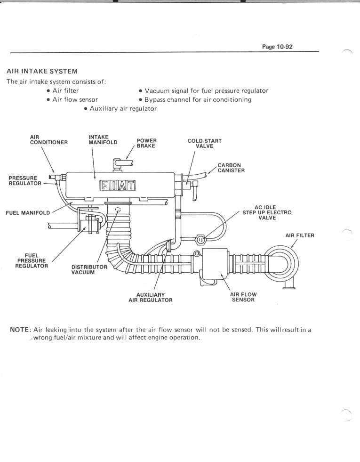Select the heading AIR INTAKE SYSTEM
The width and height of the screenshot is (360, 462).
pos(42,72)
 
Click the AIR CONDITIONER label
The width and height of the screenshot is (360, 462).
pos(49,139)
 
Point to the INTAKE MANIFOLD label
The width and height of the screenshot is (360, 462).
pos(103,139)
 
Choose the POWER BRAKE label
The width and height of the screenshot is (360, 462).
pos(146,143)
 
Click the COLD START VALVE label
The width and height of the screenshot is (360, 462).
pos(204,143)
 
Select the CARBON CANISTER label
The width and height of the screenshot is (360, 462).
pos(231,168)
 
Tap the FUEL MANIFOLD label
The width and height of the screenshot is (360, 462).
pos(27,213)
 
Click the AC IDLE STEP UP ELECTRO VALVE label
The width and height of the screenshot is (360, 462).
pos(267,212)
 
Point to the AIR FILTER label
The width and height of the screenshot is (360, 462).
pos(299,235)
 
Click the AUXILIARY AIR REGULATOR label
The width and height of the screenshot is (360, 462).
pos(150,297)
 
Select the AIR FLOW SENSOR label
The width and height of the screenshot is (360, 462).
pos(243,297)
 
